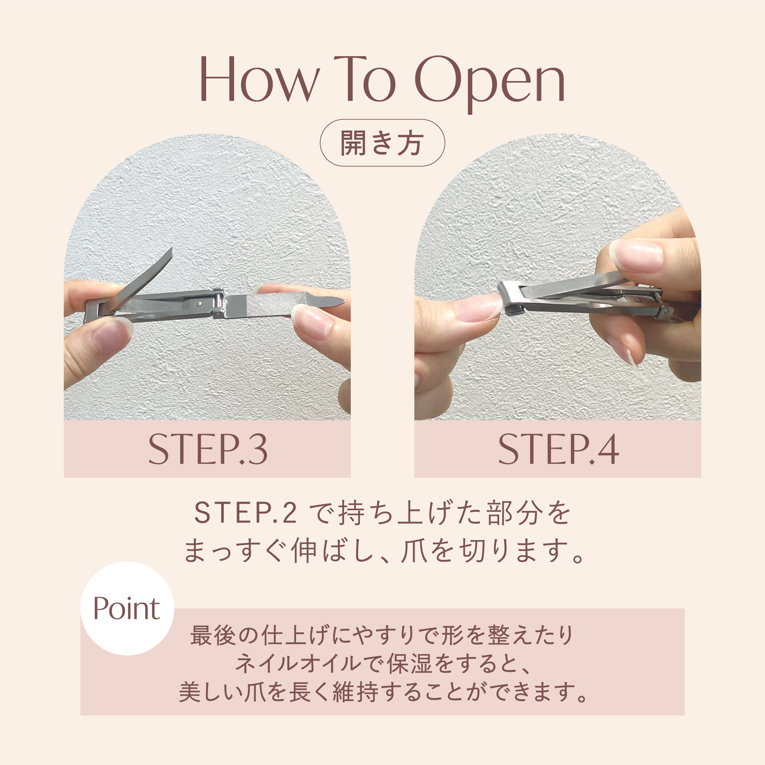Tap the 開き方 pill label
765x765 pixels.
coord(382,143)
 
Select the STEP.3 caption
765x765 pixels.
coord(208,449)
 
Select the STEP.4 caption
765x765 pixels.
coord(558,449)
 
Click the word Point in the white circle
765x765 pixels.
coord(127,608)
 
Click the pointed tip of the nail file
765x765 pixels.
coord(343,302)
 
